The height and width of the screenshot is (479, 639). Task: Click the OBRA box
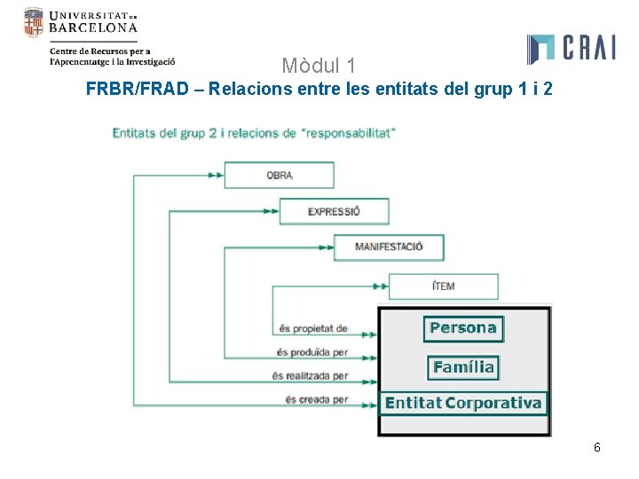tap(279, 175)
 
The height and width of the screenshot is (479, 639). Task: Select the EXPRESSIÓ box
tap(334, 211)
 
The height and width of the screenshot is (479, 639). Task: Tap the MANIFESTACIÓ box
tap(389, 247)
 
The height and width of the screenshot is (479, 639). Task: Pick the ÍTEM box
tap(443, 286)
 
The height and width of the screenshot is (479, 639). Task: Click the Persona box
tap(462, 328)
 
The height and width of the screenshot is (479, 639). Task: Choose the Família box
tap(462, 366)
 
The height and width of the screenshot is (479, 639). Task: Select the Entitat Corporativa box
tap(462, 404)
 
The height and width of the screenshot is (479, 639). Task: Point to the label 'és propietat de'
tap(312, 328)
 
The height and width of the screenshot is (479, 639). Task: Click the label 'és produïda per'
tap(312, 352)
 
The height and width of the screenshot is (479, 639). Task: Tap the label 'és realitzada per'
tap(310, 376)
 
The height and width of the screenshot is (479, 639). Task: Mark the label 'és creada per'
tap(316, 400)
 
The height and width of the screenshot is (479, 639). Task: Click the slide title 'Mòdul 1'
tap(319, 66)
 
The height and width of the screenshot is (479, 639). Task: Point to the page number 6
tap(597, 447)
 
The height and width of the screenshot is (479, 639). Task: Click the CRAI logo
tap(571, 49)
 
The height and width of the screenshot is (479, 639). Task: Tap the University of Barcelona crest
tap(33, 22)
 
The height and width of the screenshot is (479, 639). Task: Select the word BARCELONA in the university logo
tap(93, 27)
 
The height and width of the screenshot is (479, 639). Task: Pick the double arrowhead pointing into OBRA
tap(215, 175)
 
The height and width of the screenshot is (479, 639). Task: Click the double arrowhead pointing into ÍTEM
tap(380, 286)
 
